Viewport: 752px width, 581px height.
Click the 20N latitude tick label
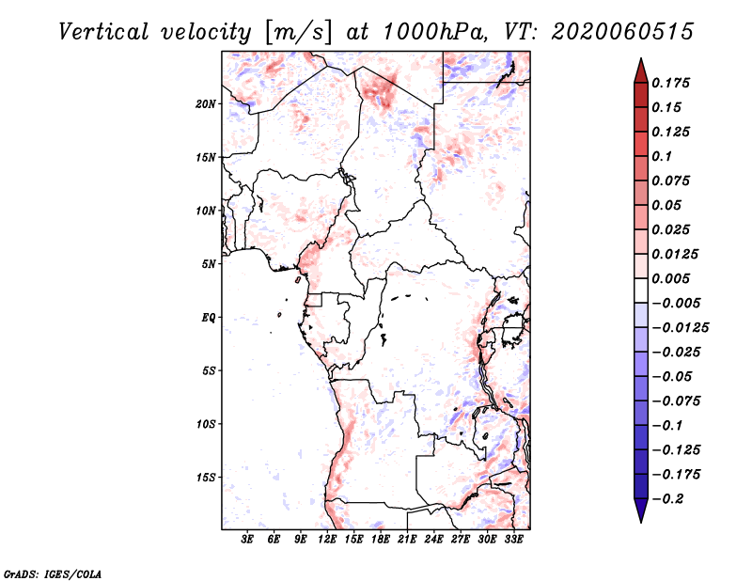pyautogui.click(x=206, y=103)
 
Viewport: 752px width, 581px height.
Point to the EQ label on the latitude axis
pyautogui.click(x=209, y=318)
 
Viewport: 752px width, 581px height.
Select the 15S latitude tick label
pyautogui.click(x=206, y=478)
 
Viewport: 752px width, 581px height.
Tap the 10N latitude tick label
pyautogui.click(x=206, y=211)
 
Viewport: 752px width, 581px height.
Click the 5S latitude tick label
pyautogui.click(x=209, y=370)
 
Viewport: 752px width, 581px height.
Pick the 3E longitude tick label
pyautogui.click(x=248, y=540)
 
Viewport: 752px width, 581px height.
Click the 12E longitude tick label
pyautogui.click(x=328, y=540)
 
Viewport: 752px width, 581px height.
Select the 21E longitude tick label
pyautogui.click(x=407, y=540)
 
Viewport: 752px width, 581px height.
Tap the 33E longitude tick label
pyautogui.click(x=513, y=540)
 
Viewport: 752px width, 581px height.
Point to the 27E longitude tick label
pyautogui.click(x=461, y=540)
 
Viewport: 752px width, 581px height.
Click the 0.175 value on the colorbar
pyautogui.click(x=673, y=83)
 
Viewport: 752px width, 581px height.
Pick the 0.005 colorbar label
pyautogui.click(x=673, y=278)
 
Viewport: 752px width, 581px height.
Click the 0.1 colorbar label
pyautogui.click(x=666, y=156)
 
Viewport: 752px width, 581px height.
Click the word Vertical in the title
pyautogui.click(x=104, y=31)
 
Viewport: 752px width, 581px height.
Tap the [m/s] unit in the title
pyautogui.click(x=298, y=32)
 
